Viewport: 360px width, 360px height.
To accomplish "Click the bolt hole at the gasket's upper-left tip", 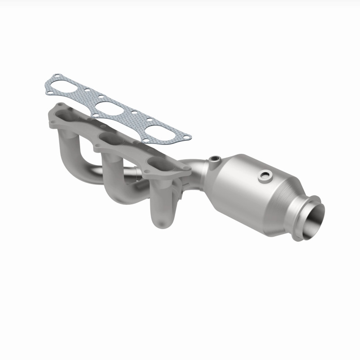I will point(56,76).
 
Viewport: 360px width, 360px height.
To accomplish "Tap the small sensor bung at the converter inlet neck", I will point(214,158).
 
